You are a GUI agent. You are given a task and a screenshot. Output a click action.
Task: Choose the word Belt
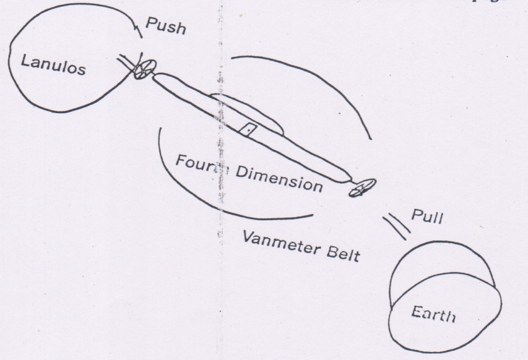[341, 252]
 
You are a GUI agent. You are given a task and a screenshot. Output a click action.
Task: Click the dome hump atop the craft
[248, 108]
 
